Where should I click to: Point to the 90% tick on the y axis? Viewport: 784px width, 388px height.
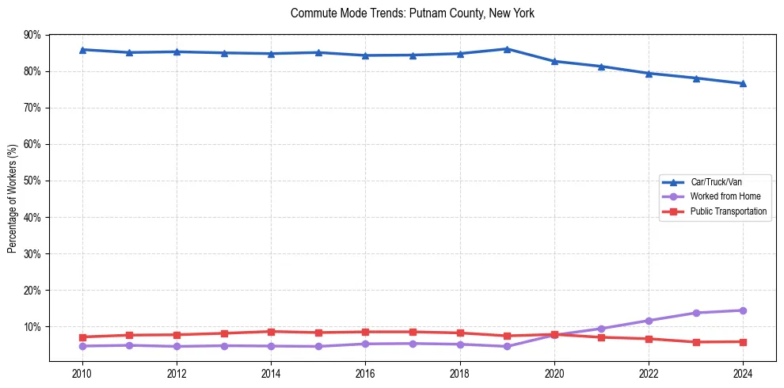[34, 35]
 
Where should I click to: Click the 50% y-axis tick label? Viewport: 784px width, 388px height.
[34, 181]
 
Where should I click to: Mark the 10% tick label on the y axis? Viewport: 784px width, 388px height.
[34, 327]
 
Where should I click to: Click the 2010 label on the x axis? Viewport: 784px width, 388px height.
[82, 373]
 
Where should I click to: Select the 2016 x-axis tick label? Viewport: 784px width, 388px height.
[365, 373]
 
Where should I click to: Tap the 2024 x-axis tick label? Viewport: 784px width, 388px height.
[743, 373]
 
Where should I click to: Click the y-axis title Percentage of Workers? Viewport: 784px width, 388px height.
[13, 199]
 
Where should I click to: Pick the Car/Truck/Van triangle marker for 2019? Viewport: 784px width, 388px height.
[507, 49]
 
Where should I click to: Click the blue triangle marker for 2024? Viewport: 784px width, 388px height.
[743, 83]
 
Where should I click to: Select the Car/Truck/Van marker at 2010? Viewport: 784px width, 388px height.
[82, 50]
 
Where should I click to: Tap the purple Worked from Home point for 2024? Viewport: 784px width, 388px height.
[743, 310]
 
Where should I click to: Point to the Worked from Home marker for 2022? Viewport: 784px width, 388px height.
[649, 321]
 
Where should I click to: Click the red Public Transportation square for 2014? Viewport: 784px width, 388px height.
[271, 332]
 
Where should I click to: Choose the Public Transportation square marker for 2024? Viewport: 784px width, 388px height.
[743, 342]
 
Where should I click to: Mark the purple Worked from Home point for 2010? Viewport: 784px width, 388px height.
[82, 346]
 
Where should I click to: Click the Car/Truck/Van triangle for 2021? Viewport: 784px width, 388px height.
[601, 67]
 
